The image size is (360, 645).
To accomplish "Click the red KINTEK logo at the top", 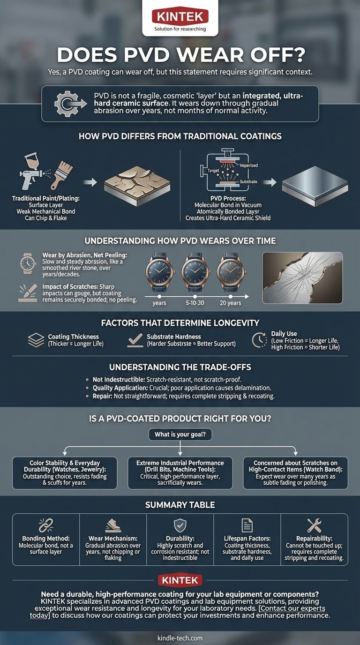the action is coord(180,16).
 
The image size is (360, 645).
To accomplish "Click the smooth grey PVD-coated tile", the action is coord(315,186).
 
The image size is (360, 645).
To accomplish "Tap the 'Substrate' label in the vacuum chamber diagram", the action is coord(248,182).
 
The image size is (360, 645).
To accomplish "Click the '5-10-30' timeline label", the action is coord(195,303).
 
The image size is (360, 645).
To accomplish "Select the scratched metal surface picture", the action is coord(303,277).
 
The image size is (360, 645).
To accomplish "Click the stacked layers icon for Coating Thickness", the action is coord(36,340).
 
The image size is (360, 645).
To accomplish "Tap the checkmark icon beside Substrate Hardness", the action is coord(135,340).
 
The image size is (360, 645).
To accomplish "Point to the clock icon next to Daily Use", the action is coord(259,340).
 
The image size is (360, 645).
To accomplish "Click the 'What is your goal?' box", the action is coord(180,434).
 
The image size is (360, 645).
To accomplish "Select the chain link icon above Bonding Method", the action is coord(46,525).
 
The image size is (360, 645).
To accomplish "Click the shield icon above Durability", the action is coord(180,525).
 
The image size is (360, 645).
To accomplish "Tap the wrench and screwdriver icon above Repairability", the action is coord(314,525).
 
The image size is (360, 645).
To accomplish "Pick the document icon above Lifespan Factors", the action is coord(247,525).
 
